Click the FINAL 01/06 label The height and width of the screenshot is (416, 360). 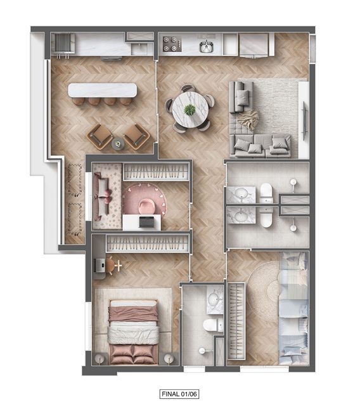coord(179,394)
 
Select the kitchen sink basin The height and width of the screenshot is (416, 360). coord(206,47)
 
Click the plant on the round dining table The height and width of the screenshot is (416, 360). coord(190,110)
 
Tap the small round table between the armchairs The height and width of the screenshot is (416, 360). coord(118,144)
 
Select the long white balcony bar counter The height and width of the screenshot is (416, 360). coord(103,90)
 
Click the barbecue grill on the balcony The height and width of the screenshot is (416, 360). coord(63,43)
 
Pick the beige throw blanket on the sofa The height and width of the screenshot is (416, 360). coord(248,120)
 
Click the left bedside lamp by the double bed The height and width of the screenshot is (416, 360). coord(100,359)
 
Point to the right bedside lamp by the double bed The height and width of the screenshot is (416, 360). coord(169,359)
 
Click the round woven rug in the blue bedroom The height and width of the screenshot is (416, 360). coord(263,291)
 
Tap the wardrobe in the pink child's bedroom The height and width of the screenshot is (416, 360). coord(157,172)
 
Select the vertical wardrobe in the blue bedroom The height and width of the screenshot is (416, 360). coord(236,321)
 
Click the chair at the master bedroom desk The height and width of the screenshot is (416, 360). coord(111,265)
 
